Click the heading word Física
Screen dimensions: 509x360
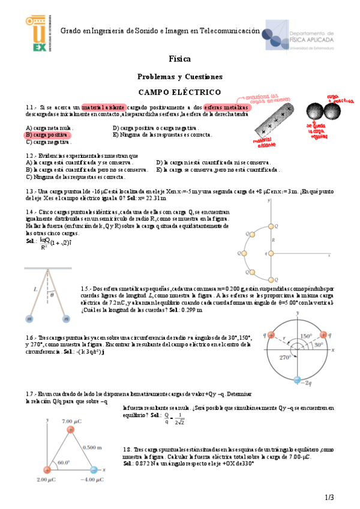(180, 59)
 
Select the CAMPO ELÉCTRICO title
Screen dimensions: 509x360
(180, 92)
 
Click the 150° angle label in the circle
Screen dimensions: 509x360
(306, 336)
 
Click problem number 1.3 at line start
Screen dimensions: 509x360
(31, 191)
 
